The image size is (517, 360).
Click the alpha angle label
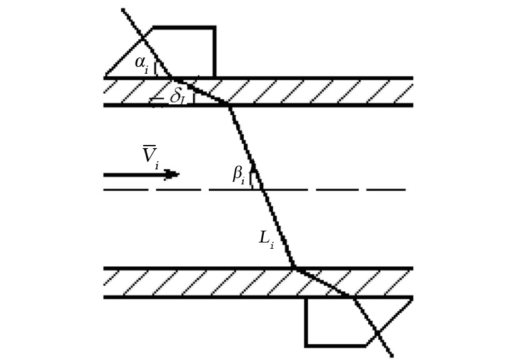142,64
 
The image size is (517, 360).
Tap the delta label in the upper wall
177,97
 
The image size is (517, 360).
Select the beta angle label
239,176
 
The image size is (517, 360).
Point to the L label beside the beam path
266,239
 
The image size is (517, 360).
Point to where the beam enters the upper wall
171,77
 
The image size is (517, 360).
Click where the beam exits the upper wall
228,105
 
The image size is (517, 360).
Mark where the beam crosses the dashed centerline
263,189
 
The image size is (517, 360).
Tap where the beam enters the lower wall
294,267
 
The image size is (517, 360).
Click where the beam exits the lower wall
353,297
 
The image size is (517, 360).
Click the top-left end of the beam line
123,9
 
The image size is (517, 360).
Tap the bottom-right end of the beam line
392,356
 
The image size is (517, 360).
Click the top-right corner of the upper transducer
215,27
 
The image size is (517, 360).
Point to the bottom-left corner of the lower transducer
306,346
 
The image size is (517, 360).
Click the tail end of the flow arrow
104,175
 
